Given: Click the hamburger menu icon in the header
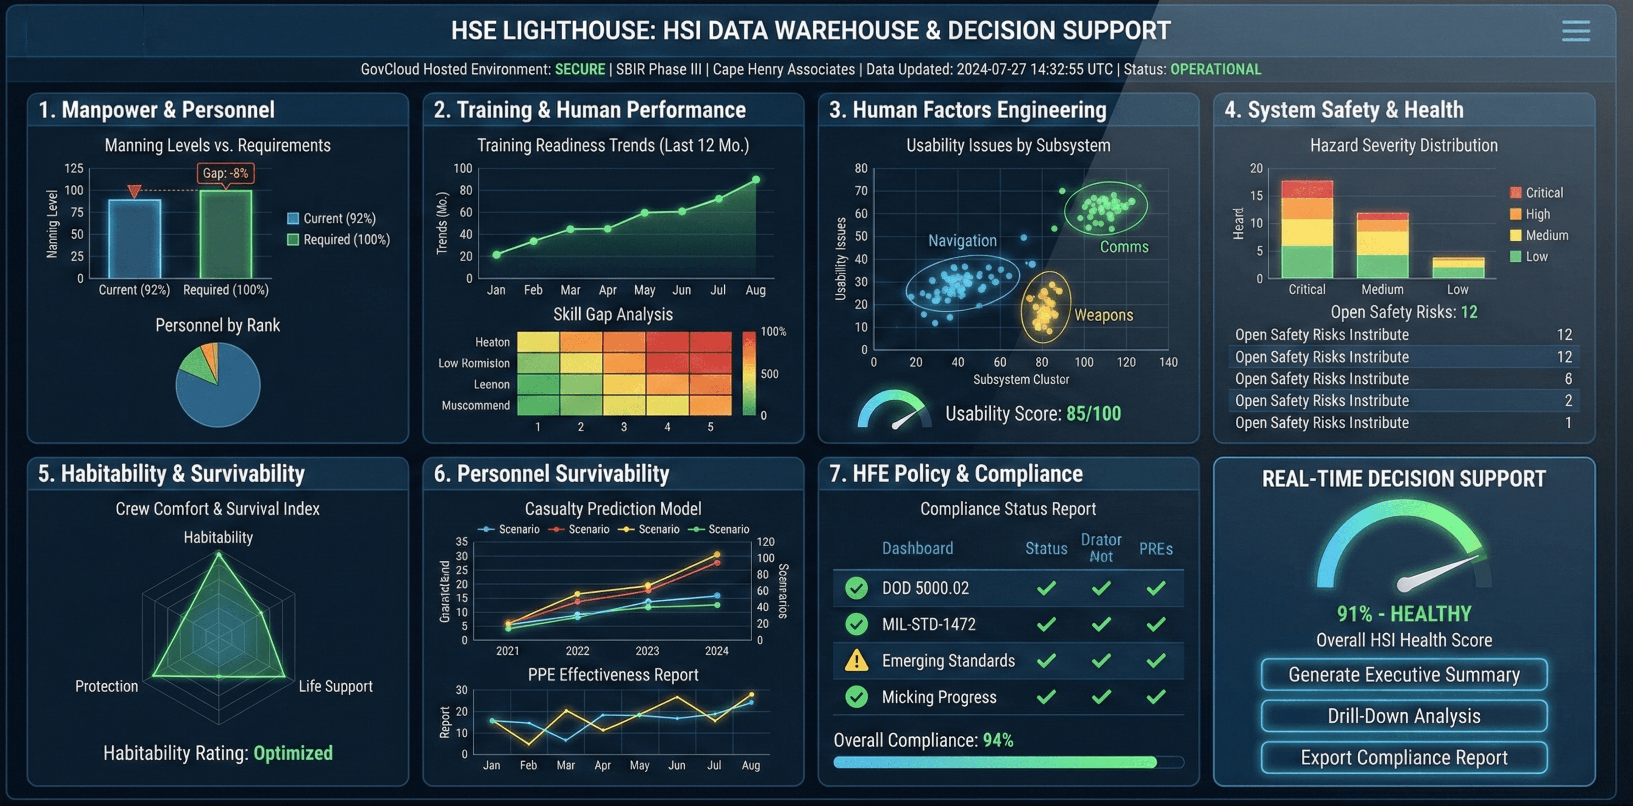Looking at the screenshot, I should coord(1575,31).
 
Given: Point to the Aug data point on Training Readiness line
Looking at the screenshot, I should coord(756,180).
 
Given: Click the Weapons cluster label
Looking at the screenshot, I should coord(1103,315).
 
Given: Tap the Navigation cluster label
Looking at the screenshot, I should coord(962,241).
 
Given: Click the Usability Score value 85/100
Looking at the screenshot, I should coord(1093,414).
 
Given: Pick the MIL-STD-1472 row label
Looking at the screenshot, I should coord(929,625).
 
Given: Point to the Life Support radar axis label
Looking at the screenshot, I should coord(336,686).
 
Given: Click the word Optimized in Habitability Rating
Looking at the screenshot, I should coord(293,753).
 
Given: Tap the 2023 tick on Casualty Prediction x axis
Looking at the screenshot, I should coord(647,651).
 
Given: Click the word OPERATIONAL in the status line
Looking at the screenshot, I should coord(1215,69).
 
